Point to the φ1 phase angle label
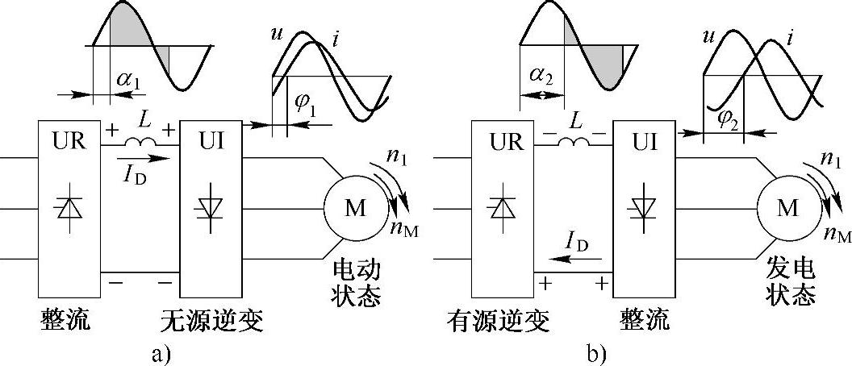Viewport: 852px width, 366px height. pos(303,106)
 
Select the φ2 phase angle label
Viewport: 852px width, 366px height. pos(729,118)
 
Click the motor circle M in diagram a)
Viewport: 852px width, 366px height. pos(355,208)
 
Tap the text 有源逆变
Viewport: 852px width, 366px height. pos(498,322)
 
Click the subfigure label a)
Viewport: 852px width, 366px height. pos(162,353)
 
